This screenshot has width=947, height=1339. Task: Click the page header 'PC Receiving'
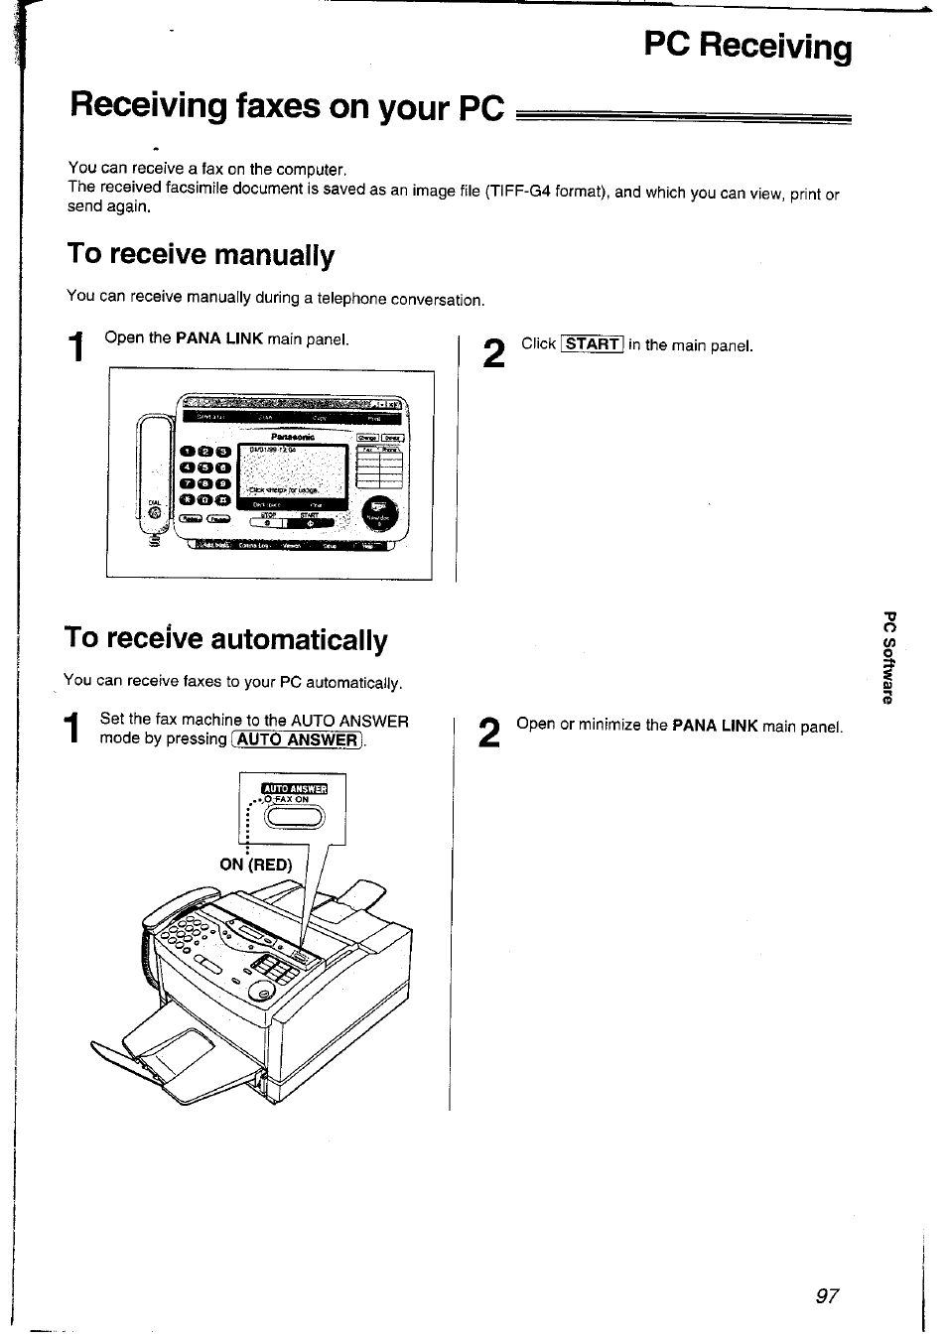tap(746, 47)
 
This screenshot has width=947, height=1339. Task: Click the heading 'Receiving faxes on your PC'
tap(287, 105)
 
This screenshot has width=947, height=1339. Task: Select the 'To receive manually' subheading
tap(201, 255)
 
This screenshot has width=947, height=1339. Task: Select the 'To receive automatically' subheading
tap(225, 638)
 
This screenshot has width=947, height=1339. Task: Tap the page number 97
tap(827, 1296)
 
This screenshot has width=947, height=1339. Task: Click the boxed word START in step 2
tap(592, 344)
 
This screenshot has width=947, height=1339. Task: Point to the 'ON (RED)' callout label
tap(256, 865)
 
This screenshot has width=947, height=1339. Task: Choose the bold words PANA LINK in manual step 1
tap(218, 338)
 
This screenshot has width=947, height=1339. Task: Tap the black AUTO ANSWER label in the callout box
tap(294, 789)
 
